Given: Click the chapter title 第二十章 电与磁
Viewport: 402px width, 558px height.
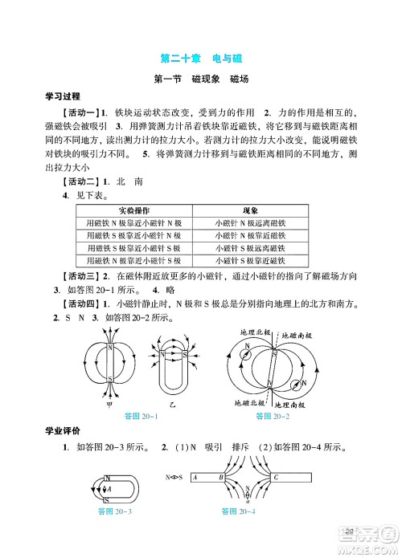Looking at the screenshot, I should pos(201,58).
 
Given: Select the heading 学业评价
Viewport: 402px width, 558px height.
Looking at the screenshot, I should pos(64,434).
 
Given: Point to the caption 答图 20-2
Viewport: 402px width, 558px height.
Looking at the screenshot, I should pos(273,417).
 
